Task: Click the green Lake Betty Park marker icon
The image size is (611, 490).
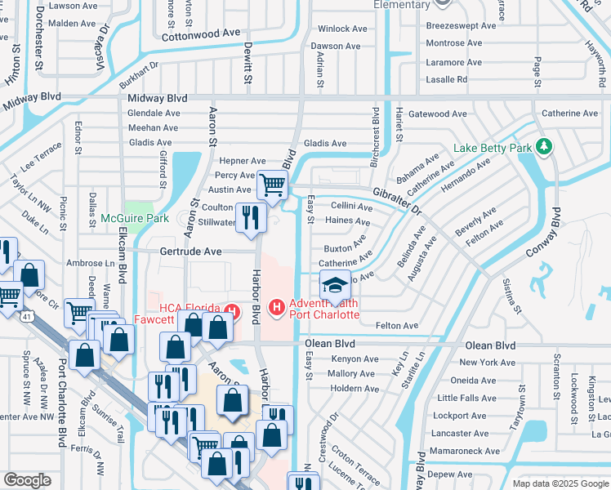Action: (544, 147)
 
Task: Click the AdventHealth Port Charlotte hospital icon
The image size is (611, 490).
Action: (276, 307)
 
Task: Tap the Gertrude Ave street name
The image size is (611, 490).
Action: (190, 252)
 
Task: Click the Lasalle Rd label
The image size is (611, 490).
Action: (447, 79)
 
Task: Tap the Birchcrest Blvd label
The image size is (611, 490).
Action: (375, 136)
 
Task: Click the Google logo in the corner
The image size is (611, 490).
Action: (27, 480)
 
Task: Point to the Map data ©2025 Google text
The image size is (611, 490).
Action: (560, 483)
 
